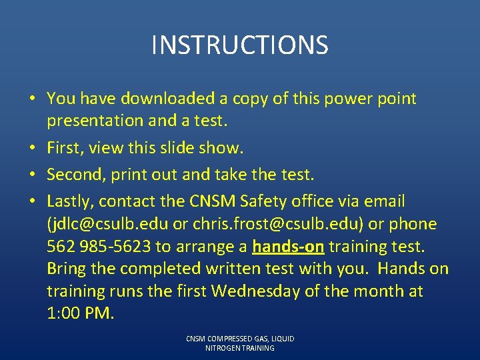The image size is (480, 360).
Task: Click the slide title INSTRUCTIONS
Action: tap(239, 45)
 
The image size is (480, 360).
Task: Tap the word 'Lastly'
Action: tap(69, 201)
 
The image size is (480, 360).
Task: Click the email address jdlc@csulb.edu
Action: tap(114, 224)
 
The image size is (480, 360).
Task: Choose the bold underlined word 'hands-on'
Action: tap(288, 247)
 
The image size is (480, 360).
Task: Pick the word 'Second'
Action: tap(72, 175)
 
